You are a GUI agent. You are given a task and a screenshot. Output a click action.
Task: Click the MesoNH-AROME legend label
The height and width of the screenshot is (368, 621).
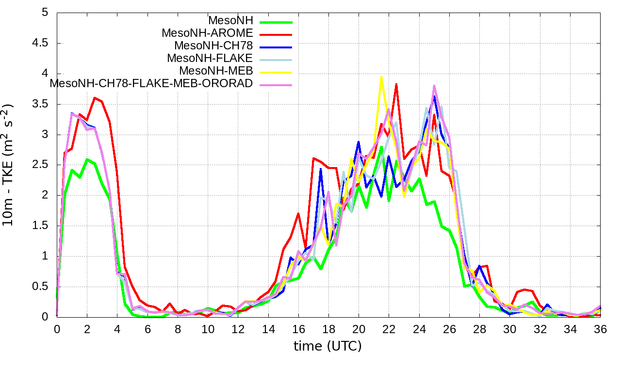click(x=207, y=33)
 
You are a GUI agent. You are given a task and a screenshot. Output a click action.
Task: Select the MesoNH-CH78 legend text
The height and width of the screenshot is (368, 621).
click(x=213, y=46)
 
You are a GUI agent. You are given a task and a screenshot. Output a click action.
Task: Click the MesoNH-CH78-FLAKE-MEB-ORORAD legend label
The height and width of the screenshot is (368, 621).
click(x=151, y=83)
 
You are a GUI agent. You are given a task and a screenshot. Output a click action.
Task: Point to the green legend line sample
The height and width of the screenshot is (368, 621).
click(x=276, y=21)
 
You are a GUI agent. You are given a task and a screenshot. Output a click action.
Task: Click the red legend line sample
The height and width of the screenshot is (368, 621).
click(x=276, y=34)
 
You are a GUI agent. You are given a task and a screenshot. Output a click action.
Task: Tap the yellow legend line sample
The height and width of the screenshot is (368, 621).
click(x=276, y=72)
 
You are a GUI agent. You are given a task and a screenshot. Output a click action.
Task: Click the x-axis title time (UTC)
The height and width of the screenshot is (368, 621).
click(x=327, y=346)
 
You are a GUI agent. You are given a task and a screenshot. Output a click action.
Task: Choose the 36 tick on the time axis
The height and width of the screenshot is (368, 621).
click(x=600, y=328)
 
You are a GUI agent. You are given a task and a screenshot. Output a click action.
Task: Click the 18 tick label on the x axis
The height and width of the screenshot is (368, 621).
click(x=328, y=328)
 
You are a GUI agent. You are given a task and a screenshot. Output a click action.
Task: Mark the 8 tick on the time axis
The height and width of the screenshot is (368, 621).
click(x=178, y=328)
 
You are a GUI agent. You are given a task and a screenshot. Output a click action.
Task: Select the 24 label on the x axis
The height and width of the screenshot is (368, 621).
click(x=419, y=328)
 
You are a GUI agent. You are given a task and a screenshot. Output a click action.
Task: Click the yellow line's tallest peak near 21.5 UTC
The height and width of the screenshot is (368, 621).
click(x=381, y=77)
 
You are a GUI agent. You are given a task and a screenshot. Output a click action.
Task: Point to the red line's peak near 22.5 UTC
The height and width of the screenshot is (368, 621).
click(x=396, y=84)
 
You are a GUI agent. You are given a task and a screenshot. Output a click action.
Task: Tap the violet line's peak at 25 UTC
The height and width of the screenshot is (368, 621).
click(x=434, y=86)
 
